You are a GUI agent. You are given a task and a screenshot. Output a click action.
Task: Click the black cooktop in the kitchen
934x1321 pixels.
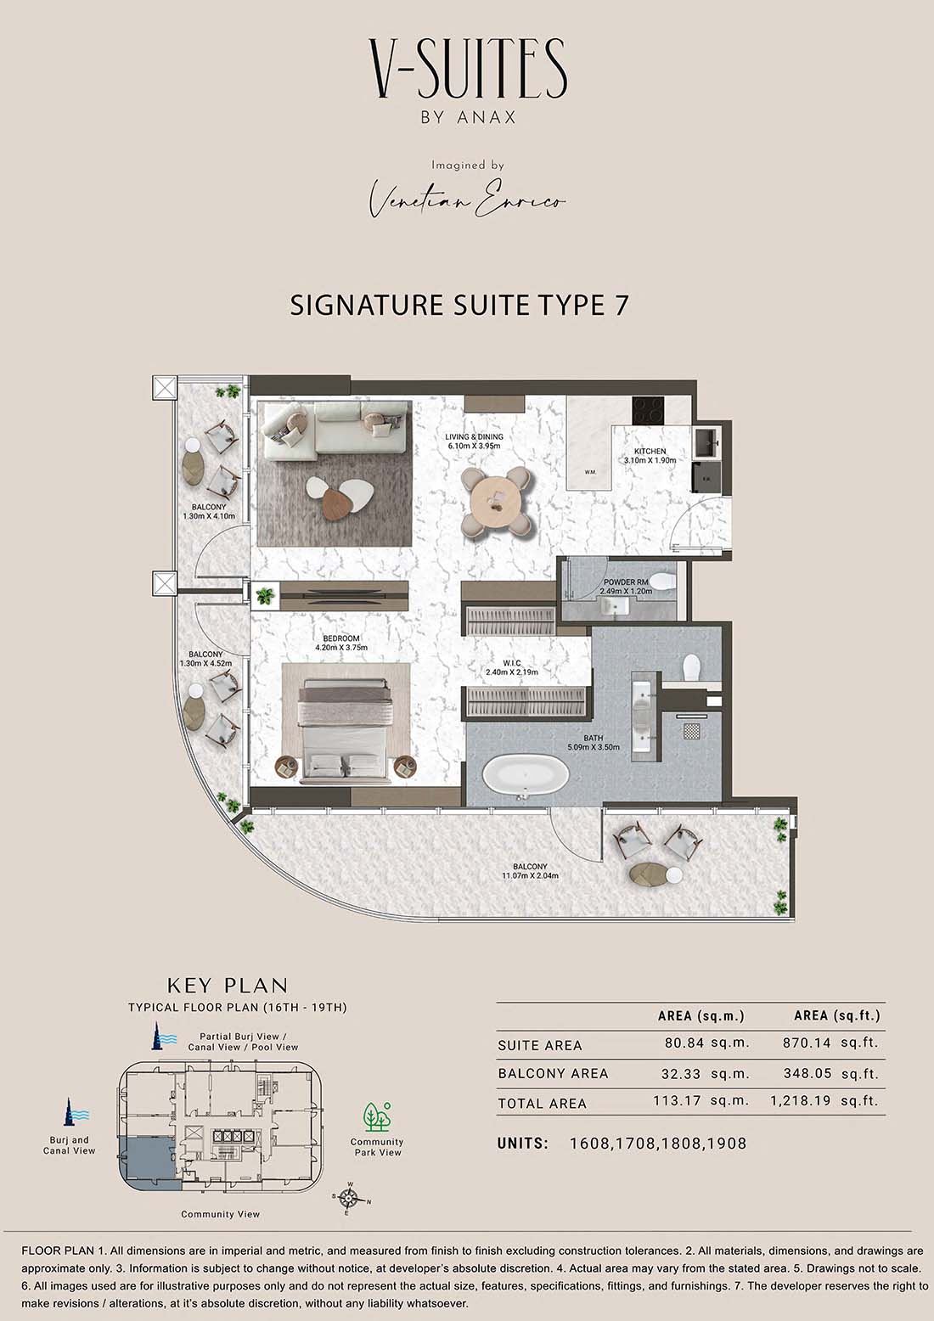tap(648, 410)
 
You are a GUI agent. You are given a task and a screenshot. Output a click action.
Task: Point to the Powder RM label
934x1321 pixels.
tap(626, 582)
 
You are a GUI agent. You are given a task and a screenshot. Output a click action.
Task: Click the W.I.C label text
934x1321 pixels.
tap(512, 663)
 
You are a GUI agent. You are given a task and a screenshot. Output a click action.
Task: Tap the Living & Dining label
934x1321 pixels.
tap(474, 437)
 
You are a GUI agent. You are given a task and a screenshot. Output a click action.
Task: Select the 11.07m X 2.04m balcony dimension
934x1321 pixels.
tap(530, 876)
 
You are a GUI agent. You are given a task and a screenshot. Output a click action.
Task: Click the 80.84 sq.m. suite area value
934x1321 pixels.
tap(707, 1043)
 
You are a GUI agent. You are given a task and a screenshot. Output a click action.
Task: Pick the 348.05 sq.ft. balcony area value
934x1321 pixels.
tap(830, 1073)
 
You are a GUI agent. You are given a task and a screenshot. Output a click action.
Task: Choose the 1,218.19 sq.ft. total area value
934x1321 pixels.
tap(824, 1100)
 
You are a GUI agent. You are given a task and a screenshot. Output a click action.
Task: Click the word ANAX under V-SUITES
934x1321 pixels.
tap(486, 117)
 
